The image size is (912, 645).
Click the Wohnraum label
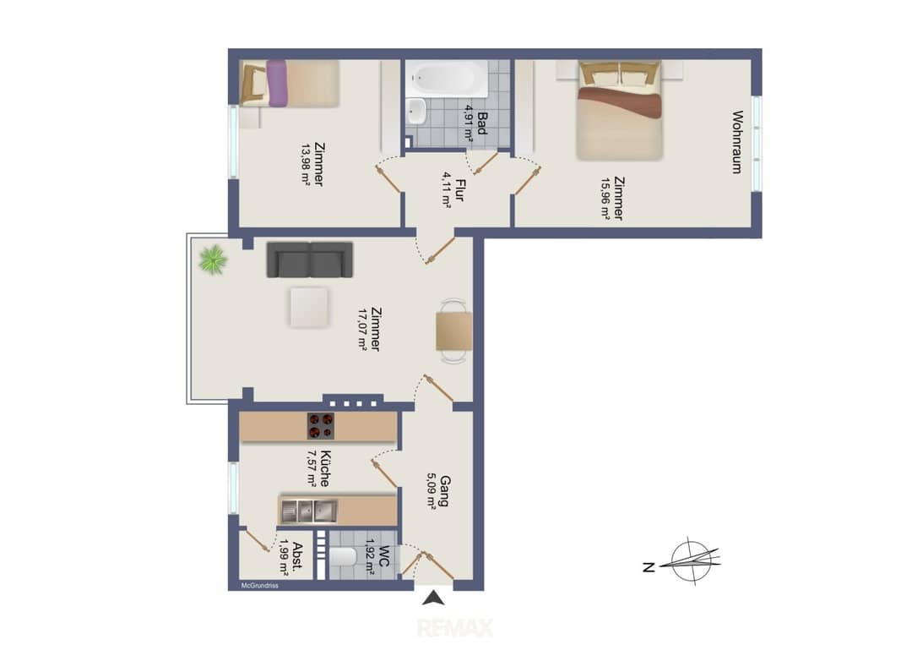(737, 142)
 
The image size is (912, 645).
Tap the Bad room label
(481, 123)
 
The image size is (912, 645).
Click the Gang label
(445, 491)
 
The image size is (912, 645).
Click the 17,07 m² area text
(363, 329)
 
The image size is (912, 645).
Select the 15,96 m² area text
(605, 198)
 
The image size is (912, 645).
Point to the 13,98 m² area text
(306, 164)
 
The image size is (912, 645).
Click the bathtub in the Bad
(447, 79)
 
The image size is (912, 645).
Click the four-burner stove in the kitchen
(321, 425)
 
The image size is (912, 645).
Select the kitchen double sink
(309, 511)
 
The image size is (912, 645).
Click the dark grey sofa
(309, 259)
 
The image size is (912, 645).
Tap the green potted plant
(213, 259)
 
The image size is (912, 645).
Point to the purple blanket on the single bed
(276, 83)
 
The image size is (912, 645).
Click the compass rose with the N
(689, 561)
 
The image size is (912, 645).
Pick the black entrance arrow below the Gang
(433, 598)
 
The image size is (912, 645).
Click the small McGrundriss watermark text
(260, 586)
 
